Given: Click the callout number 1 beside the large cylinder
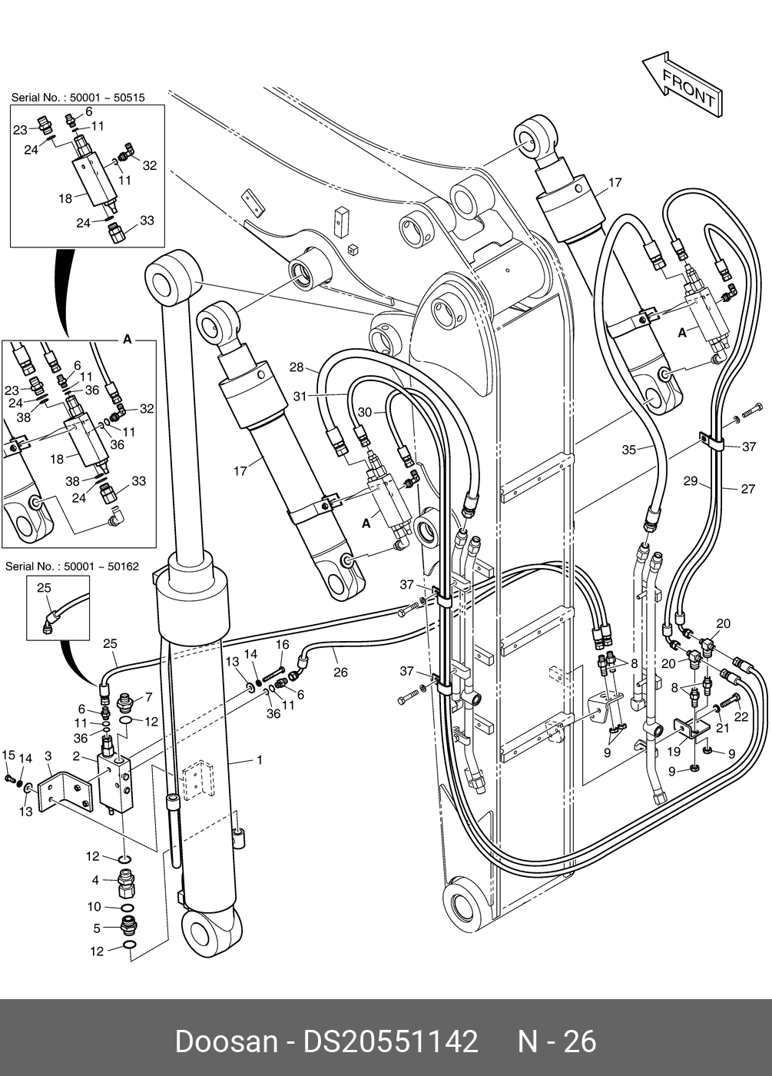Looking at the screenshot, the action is click(260, 760).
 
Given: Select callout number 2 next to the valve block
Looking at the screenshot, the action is click(76, 756).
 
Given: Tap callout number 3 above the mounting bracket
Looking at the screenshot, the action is click(95, 880).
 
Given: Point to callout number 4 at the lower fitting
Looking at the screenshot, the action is click(97, 928).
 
